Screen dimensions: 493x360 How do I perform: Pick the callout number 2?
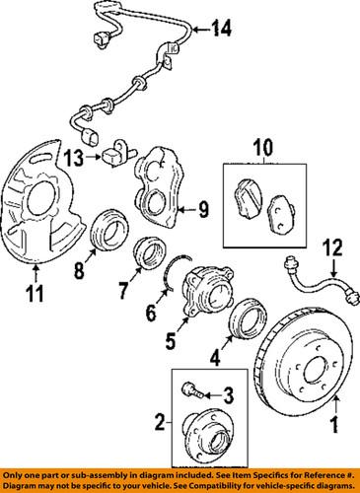click(x=161, y=426)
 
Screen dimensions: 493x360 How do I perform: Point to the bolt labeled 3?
click(x=188, y=391)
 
